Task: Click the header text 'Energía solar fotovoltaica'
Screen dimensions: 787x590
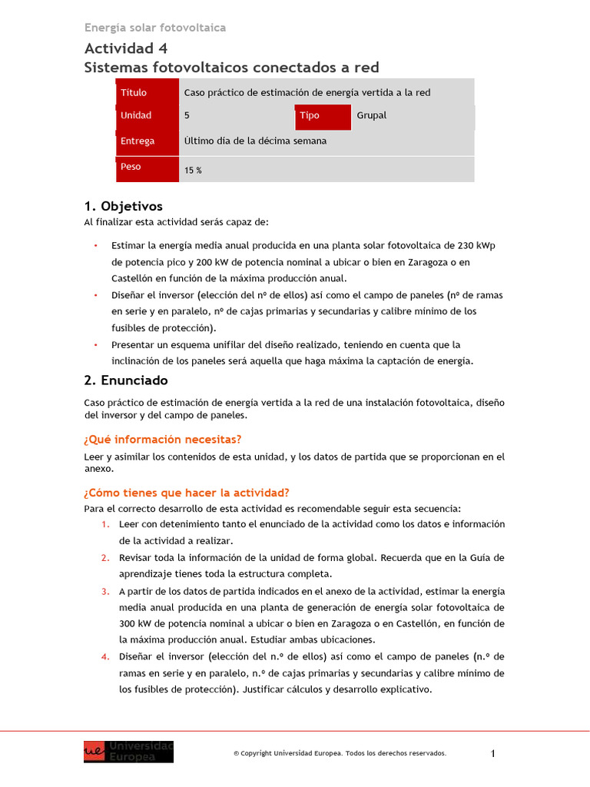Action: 155,28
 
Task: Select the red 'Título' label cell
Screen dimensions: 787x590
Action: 147,92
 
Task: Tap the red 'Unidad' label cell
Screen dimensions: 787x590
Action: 147,116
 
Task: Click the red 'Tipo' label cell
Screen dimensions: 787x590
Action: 323,116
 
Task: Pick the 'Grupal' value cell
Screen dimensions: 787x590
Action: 413,116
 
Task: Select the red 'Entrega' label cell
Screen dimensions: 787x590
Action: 147,141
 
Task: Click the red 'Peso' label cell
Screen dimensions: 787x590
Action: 147,168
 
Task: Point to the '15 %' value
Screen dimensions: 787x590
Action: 193,171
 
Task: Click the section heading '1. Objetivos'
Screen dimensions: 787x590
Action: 123,206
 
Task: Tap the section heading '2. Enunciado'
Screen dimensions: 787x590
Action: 125,380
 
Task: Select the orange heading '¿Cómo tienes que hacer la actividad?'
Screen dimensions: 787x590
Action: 186,493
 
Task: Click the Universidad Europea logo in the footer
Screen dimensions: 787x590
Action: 128,752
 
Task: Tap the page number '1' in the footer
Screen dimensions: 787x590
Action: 493,754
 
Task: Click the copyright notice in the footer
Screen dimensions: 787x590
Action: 340,754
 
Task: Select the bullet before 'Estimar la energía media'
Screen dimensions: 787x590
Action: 95,245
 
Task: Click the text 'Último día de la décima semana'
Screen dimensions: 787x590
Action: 255,141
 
